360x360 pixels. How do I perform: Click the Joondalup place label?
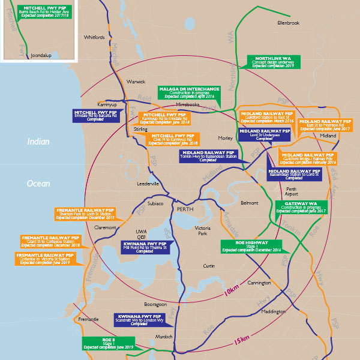coord(42,54)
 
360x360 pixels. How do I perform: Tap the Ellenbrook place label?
coord(288,23)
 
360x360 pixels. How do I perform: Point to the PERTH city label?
coord(185,209)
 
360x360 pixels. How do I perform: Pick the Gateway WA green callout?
coord(301,207)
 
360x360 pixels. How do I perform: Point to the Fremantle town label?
coord(88,319)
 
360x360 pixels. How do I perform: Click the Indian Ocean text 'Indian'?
coord(38,142)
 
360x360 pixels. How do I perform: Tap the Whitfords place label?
coord(94,37)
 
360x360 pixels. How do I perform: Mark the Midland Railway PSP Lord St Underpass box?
coord(265,134)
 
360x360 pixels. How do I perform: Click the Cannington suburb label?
coord(259,283)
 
